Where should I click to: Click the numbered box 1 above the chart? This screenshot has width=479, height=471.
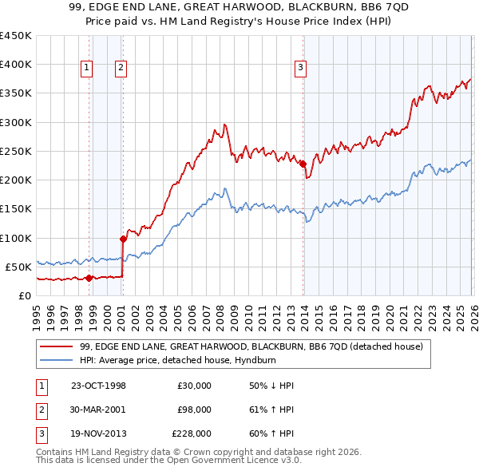pos(85,69)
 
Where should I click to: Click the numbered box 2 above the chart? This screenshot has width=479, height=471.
pos(120,69)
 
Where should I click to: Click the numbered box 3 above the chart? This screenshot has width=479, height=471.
pos(300,69)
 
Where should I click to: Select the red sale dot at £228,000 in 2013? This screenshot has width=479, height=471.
pos(303,164)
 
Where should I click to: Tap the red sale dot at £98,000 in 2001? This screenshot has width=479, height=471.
pos(124,238)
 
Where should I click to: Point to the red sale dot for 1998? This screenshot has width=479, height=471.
pos(89,278)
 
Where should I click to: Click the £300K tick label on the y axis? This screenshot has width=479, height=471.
pos(15,122)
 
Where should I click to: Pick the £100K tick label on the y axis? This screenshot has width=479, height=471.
pos(15,238)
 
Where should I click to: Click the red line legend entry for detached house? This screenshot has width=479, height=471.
pos(255,346)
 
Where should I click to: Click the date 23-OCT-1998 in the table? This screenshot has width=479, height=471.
pos(98,386)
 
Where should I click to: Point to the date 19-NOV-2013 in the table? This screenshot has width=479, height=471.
pos(98,433)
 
